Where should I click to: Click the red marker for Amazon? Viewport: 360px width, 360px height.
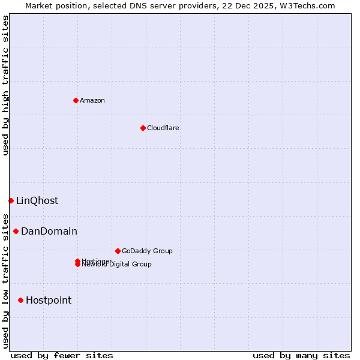click(x=76, y=100)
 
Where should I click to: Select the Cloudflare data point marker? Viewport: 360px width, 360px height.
click(x=143, y=128)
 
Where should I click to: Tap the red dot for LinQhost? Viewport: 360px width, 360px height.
click(x=11, y=200)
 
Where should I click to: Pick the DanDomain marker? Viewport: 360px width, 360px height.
click(x=16, y=231)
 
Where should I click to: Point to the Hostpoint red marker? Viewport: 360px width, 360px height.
click(x=20, y=300)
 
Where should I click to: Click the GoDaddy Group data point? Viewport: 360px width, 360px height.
click(x=118, y=251)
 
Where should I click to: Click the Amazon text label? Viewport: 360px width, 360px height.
click(x=92, y=100)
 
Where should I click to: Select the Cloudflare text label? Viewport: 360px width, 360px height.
click(x=163, y=128)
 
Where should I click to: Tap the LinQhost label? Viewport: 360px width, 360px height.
click(x=37, y=201)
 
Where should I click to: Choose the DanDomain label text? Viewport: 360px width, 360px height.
click(x=49, y=232)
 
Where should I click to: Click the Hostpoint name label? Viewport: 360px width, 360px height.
click(x=49, y=301)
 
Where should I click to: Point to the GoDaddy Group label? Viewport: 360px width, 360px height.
click(x=147, y=251)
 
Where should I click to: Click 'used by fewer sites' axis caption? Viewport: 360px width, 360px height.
click(x=62, y=355)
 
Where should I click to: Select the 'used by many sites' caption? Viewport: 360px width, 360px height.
click(x=301, y=355)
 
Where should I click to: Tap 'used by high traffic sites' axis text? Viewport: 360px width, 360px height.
click(x=6, y=85)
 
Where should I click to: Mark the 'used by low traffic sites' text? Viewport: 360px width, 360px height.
click(x=6, y=280)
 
